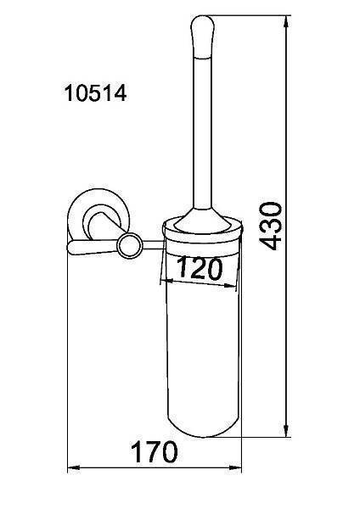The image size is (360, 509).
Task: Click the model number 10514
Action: pos(95,92)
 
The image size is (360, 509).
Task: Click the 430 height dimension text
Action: pos(270,226)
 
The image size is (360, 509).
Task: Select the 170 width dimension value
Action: pos(155,452)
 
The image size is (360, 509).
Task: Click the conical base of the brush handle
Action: pos(202,221)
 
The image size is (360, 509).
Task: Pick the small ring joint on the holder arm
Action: pos(130,246)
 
